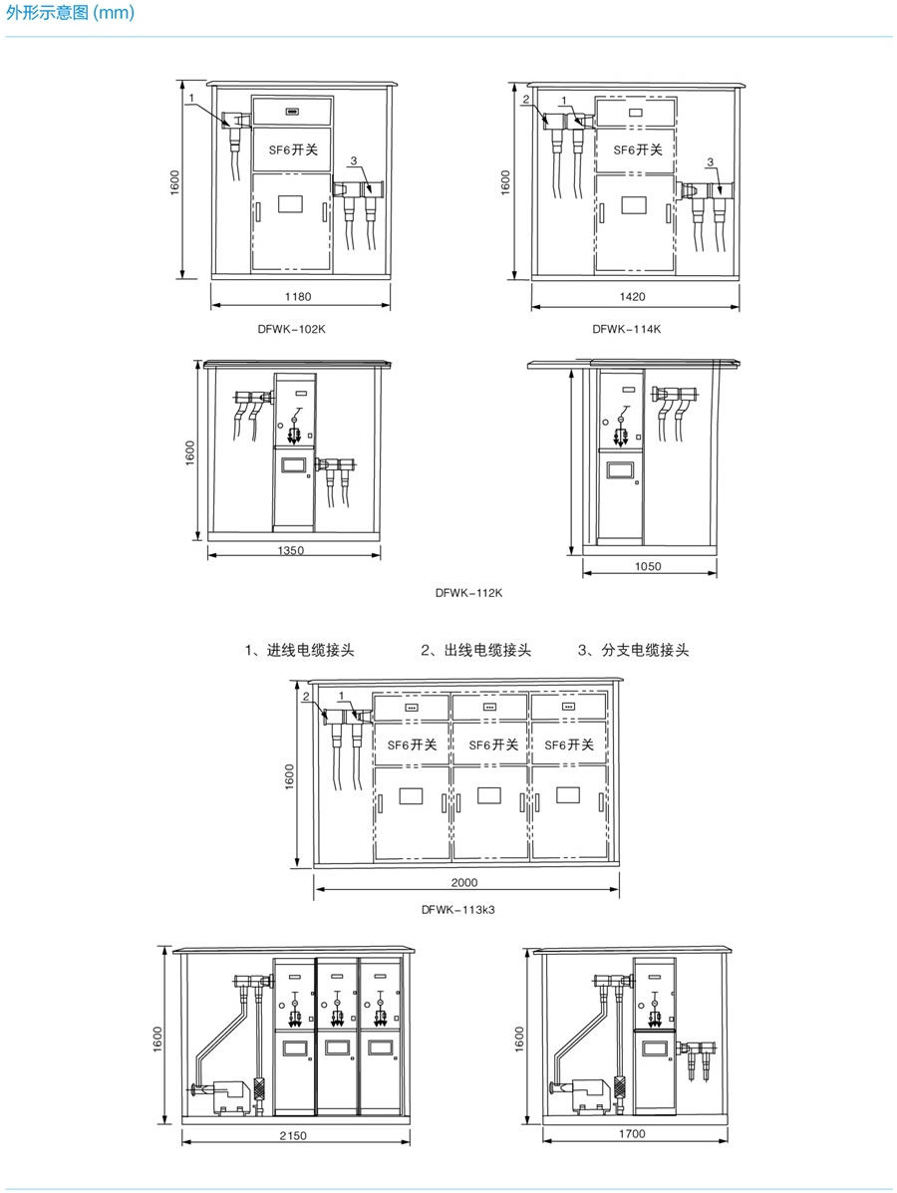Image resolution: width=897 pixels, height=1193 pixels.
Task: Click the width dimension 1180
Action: [299, 296]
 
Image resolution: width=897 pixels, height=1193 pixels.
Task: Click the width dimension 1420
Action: [633, 296]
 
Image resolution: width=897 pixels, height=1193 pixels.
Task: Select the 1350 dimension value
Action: [291, 550]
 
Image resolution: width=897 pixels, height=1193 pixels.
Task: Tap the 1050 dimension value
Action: [648, 566]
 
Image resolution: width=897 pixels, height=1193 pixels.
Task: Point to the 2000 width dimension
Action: [464, 882]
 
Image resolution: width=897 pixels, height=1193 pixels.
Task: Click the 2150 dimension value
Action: [293, 1135]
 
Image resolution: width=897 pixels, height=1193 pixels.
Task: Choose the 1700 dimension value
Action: [633, 1134]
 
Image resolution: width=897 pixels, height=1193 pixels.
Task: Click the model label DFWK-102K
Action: [291, 328]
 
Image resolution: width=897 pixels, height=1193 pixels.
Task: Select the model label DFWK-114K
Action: [627, 328]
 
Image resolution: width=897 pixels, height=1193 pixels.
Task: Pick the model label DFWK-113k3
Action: [457, 908]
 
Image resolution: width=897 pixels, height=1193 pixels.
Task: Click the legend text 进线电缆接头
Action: [300, 651]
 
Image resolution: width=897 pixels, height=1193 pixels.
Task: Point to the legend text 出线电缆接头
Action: [475, 651]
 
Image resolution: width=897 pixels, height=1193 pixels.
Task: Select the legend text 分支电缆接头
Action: [634, 651]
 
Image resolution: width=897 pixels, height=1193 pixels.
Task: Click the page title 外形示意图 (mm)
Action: [70, 13]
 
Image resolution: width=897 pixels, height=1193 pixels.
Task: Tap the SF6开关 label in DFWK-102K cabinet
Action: [293, 149]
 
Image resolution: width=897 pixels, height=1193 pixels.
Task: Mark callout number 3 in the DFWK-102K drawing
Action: [353, 161]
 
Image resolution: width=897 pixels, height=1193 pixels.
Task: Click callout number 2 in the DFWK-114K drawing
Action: [525, 100]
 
